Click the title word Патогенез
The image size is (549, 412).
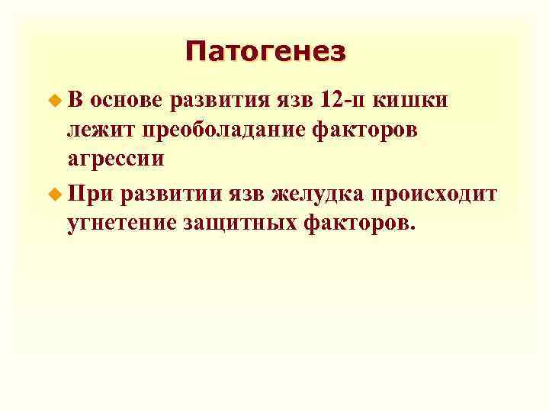pos(265,52)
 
